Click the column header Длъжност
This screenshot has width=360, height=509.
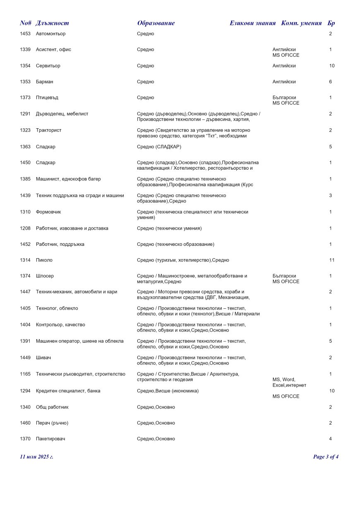tap(52, 23)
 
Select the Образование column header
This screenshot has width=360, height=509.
tap(156, 23)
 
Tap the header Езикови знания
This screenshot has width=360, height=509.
tap(252, 23)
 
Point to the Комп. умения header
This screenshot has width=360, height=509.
tap(301, 23)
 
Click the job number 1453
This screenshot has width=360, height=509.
tap(25, 34)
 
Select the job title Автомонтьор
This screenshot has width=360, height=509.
tap(50, 34)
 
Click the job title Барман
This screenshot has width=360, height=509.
tap(45, 82)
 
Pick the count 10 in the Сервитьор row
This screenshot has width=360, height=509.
tap(331, 66)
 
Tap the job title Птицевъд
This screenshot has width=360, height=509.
tap(47, 98)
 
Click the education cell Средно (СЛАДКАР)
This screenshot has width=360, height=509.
tap(159, 147)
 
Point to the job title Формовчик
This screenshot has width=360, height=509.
tap(48, 212)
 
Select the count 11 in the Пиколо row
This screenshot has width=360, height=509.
tap(331, 260)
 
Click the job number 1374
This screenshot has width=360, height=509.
tap(25, 276)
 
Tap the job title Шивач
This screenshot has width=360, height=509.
tap(43, 358)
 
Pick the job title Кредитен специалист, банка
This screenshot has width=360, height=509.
tap(68, 391)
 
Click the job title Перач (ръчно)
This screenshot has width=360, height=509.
tap(52, 423)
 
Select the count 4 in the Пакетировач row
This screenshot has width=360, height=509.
tap(330, 439)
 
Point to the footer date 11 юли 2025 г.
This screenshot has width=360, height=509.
tap(36, 457)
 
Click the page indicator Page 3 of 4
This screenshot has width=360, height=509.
tap(326, 457)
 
